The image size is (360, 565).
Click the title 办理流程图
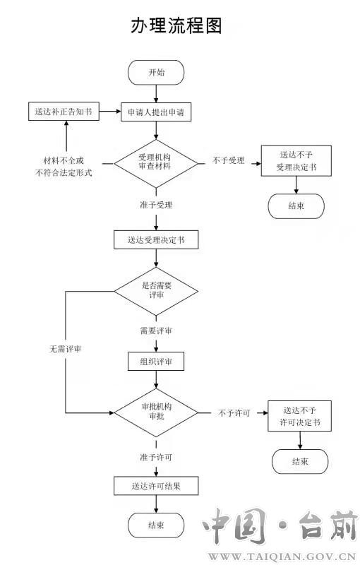tap(176, 25)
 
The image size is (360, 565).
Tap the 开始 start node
tap(156, 73)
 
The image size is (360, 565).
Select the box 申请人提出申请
tap(156, 112)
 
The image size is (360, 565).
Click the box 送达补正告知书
tap(64, 112)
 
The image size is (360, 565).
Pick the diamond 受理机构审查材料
tap(156, 163)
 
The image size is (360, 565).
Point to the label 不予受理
tap(228, 160)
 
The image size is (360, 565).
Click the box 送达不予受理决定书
tap(296, 161)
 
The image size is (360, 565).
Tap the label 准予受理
tap(156, 205)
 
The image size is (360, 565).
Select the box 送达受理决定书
tap(156, 239)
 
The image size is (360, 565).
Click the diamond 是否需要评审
tap(156, 291)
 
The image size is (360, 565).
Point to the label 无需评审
tap(65, 349)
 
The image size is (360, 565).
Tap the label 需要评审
tap(156, 331)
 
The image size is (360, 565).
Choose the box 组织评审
tap(156, 362)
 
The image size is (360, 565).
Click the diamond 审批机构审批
tap(156, 412)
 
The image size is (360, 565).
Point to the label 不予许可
tap(234, 413)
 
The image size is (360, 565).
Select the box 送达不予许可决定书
tap(299, 416)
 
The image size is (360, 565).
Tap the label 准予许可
tap(156, 457)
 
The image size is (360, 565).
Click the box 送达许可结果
tap(156, 486)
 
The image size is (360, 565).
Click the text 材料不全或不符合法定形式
tap(64, 167)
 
